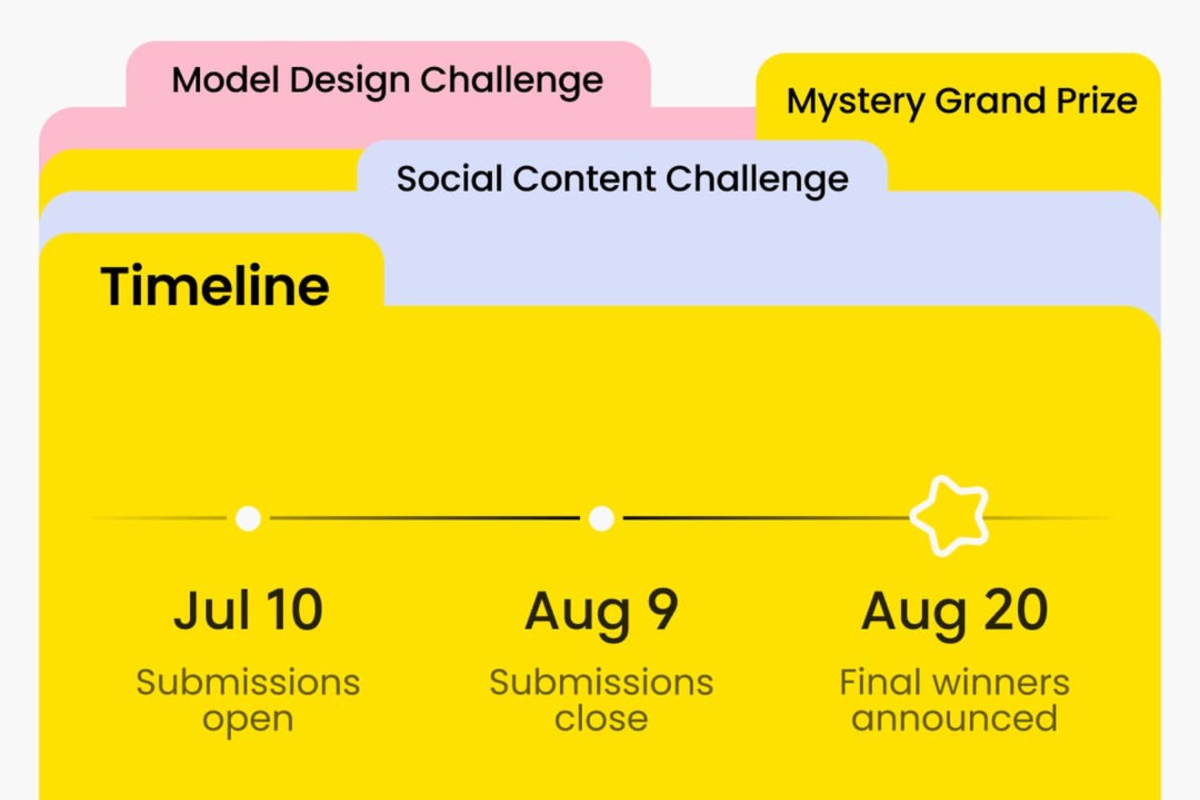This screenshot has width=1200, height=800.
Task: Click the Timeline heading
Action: (215, 286)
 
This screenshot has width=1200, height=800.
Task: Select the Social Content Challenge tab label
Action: (622, 179)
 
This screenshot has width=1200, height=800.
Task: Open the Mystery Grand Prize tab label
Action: (962, 102)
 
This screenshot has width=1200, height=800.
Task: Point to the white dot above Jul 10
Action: (248, 518)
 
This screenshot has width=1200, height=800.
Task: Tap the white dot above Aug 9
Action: (601, 518)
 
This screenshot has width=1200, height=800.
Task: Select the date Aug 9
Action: (601, 614)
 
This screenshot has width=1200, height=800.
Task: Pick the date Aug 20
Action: (954, 614)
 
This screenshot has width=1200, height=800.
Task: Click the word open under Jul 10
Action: (248, 720)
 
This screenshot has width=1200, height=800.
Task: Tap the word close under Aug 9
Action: (601, 718)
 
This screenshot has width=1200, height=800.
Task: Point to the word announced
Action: (954, 718)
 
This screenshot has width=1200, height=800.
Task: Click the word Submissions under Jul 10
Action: (248, 682)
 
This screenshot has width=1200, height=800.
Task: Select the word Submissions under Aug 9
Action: (601, 682)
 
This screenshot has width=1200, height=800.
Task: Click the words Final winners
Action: (954, 682)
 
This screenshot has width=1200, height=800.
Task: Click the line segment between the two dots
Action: (425, 518)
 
